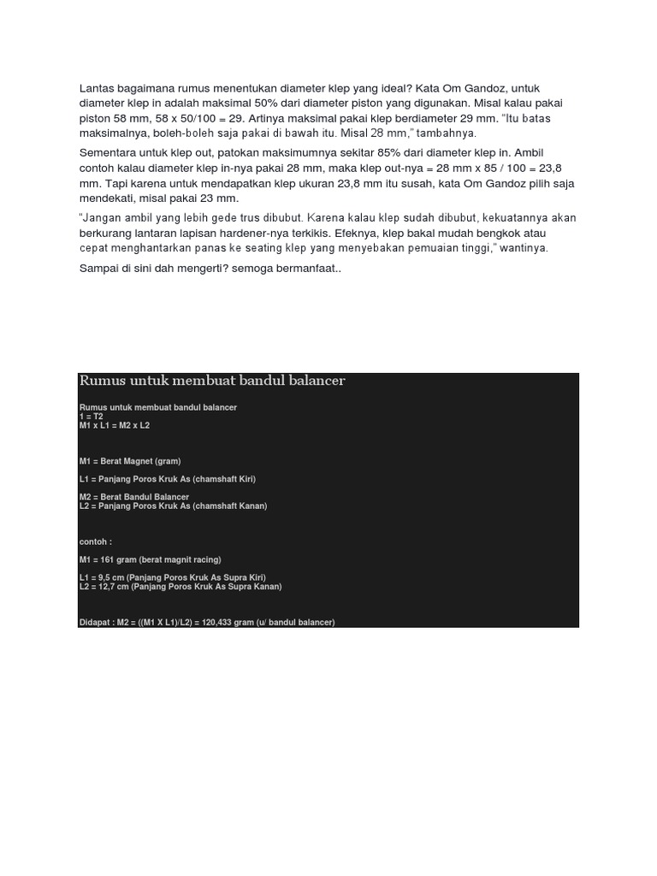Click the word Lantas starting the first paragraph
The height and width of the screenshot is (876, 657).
[98, 88]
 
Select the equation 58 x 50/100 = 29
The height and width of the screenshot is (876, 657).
[165, 118]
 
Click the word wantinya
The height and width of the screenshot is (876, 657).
[519, 248]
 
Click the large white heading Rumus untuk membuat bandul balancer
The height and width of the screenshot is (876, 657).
[212, 381]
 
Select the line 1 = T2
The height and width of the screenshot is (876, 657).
[91, 417]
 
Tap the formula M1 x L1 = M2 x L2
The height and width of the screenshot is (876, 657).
[114, 425]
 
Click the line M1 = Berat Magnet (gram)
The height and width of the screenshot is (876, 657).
[129, 461]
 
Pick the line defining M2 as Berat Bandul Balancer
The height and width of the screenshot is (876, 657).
[133, 497]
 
